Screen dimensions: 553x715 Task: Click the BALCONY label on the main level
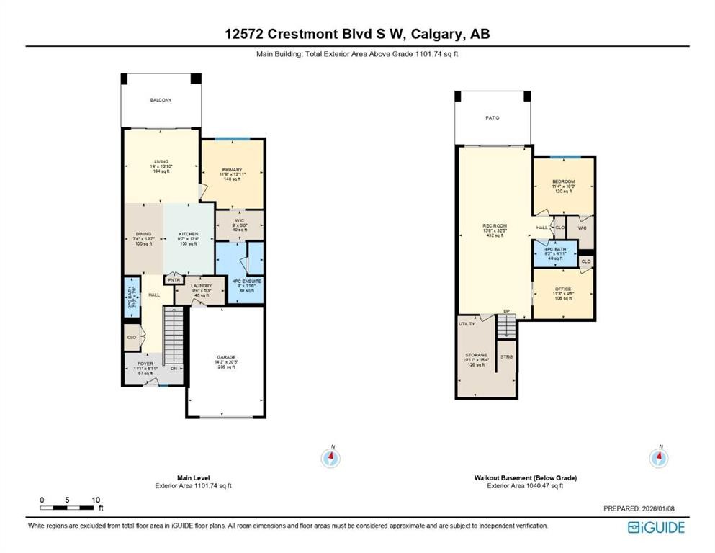pyautogui.click(x=161, y=100)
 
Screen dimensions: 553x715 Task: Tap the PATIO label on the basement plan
pyautogui.click(x=493, y=117)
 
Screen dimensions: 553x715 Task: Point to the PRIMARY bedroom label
pyautogui.click(x=232, y=170)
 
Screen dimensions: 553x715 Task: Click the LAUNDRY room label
pyautogui.click(x=201, y=286)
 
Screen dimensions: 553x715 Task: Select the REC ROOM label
pyautogui.click(x=494, y=225)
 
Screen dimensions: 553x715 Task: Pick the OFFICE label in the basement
pyautogui.click(x=562, y=289)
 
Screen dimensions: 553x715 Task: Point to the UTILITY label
pyautogui.click(x=467, y=325)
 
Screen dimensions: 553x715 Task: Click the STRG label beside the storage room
pyautogui.click(x=506, y=356)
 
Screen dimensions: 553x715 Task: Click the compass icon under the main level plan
pyautogui.click(x=331, y=457)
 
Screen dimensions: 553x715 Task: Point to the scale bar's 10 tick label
pyautogui.click(x=95, y=499)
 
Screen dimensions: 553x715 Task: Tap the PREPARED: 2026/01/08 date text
pyautogui.click(x=638, y=509)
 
